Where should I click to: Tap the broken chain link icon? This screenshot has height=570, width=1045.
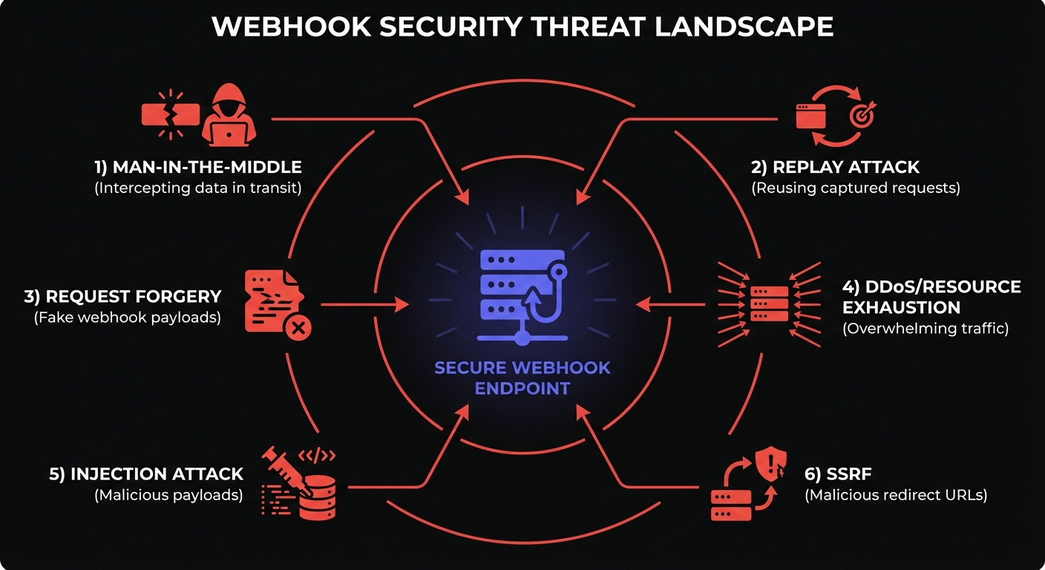(171, 115)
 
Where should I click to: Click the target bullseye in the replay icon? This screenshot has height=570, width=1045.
(863, 115)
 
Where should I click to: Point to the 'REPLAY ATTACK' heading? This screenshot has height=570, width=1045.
(835, 166)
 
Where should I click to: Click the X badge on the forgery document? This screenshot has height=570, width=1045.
(299, 326)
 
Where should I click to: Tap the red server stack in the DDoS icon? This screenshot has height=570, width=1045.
(770, 304)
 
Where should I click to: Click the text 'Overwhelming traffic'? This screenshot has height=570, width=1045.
(926, 328)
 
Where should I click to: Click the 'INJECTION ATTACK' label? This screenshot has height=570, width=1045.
(146, 474)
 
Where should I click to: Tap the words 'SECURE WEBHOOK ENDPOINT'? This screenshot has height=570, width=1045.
(522, 378)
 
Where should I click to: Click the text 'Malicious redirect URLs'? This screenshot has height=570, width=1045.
(896, 495)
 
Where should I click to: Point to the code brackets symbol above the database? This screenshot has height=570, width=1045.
(317, 455)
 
